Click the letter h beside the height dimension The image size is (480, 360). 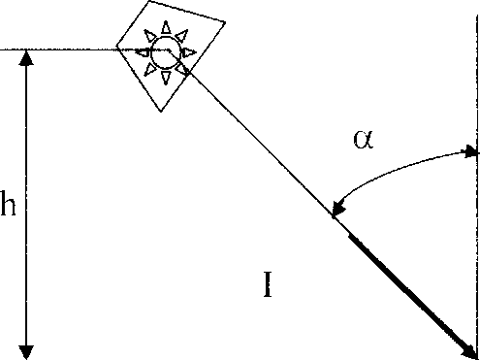tap(8, 203)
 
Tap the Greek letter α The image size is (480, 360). tap(364, 139)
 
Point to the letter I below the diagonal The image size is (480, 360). tap(268, 284)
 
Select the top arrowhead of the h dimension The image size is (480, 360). tap(26, 58)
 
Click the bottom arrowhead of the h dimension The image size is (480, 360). tap(26, 352)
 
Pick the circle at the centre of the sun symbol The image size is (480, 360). tap(165, 52)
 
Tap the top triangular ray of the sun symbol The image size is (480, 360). tap(166, 27)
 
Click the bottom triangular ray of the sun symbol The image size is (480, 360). tap(166, 78)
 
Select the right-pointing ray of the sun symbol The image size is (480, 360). tap(189, 52)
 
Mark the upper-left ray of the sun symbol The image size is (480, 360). tap(149, 36)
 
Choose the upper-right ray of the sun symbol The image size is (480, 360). tap(182, 36)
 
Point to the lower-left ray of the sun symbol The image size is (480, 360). tap(149, 70)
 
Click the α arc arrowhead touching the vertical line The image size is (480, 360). tap(470, 151)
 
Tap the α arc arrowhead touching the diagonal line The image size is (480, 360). tap(338, 209)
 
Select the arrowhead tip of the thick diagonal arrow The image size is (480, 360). tap(476, 358)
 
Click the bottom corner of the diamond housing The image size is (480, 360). tap(161, 112)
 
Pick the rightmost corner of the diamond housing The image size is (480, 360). tap(225, 22)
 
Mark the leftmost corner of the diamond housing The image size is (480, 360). tap(116, 48)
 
